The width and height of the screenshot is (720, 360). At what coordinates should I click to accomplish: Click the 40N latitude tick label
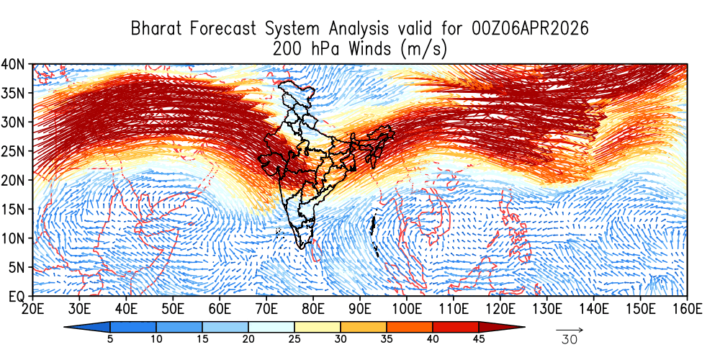(x=15, y=64)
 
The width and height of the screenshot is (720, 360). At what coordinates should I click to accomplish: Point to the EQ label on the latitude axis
(x=17, y=296)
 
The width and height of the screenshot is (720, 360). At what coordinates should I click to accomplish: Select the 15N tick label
(x=15, y=209)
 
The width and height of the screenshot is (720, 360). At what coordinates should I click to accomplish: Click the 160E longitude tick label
(x=687, y=309)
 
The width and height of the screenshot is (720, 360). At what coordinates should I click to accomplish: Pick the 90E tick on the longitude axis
(x=359, y=309)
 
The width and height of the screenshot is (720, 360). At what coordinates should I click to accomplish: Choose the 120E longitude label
(x=500, y=309)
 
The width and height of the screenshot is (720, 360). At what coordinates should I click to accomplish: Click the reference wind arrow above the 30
(x=569, y=330)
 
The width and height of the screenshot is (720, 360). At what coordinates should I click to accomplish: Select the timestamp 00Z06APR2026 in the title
(x=530, y=30)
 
